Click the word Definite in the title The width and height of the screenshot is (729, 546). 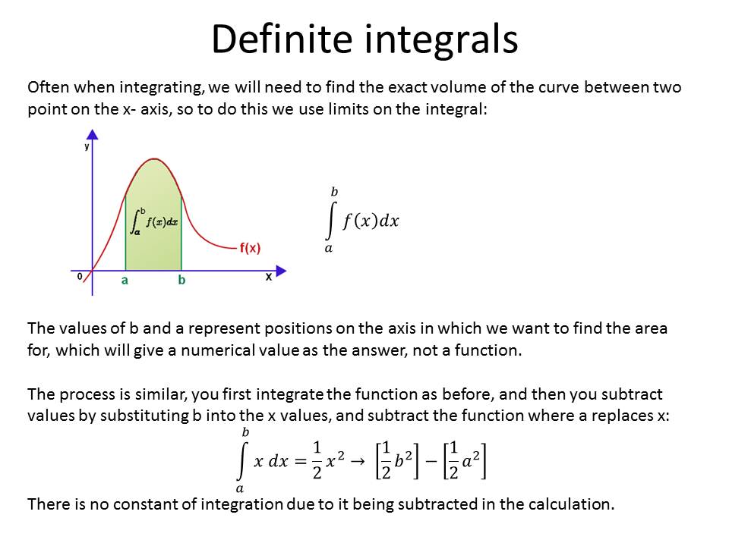[x=282, y=39]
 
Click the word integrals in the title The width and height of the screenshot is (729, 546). [x=441, y=42]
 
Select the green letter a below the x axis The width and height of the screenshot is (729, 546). [x=125, y=281]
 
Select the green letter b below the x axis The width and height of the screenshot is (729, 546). [x=181, y=280]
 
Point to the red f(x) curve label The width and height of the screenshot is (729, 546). [x=250, y=248]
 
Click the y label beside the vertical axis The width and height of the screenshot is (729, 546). [x=87, y=146]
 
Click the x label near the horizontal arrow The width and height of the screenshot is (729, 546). [x=268, y=277]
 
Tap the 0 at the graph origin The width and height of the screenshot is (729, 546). [x=80, y=276]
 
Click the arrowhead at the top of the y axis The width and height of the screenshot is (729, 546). [x=93, y=135]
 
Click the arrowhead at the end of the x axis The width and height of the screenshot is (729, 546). [x=281, y=271]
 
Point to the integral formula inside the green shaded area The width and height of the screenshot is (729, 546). [x=154, y=221]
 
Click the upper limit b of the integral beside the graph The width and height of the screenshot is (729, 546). [x=334, y=192]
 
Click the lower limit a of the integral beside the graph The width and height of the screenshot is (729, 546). [x=329, y=249]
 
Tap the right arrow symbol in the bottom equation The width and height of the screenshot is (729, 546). [x=358, y=461]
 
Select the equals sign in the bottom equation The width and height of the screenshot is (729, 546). [x=301, y=462]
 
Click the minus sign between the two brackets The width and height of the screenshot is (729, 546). [x=431, y=462]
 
